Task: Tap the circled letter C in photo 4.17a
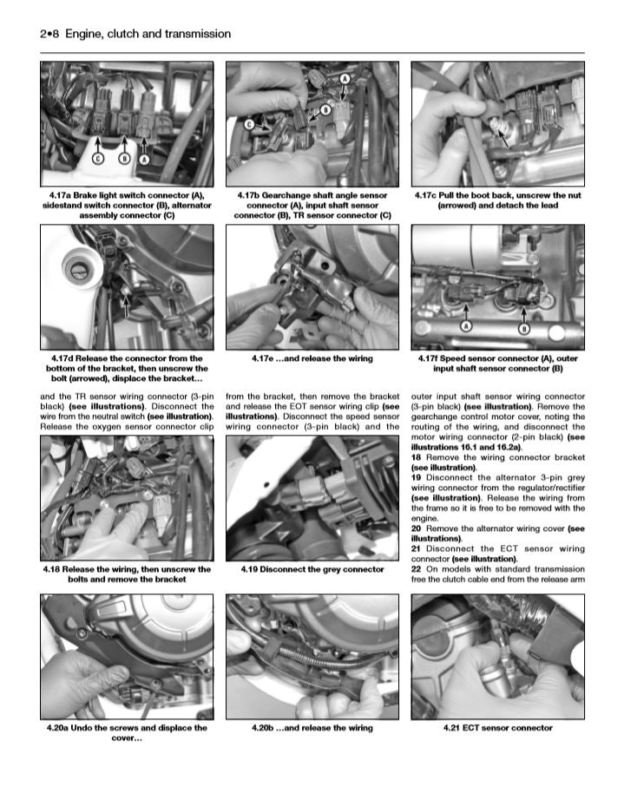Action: tap(99, 159)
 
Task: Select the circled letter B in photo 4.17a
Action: tap(124, 159)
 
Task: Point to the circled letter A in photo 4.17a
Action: tap(144, 159)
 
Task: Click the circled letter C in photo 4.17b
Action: tap(248, 125)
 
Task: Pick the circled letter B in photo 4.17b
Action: tap(325, 109)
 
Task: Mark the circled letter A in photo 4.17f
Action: tap(465, 325)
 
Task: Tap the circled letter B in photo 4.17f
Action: tap(523, 329)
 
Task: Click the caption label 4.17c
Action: tap(429, 196)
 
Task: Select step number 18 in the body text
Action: tap(417, 456)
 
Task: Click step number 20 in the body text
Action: tap(417, 528)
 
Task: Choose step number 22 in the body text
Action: tap(417, 569)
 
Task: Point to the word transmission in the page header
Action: tap(195, 34)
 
